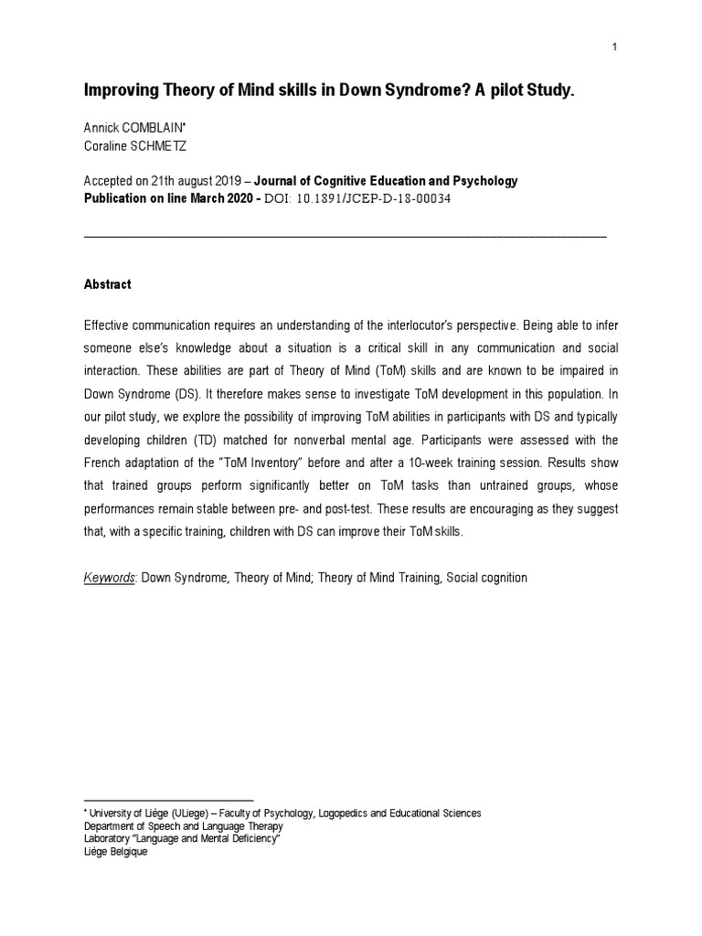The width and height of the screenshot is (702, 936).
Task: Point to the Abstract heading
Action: click(107, 284)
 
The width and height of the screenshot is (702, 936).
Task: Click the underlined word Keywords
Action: click(109, 578)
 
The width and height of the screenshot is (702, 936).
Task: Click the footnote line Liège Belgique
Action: click(115, 852)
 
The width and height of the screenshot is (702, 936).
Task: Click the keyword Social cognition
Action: click(486, 578)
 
